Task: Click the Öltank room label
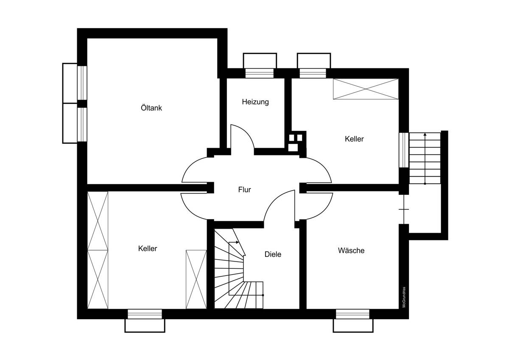151,107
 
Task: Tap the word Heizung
255,102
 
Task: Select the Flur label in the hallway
244,189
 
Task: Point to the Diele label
273,254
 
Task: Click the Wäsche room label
351,250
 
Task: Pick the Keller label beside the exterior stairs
354,139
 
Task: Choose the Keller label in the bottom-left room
148,248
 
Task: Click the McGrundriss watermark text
404,297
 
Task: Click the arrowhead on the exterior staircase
425,135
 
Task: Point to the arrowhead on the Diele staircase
238,242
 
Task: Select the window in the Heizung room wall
260,73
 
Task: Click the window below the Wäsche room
352,314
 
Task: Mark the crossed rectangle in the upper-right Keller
366,89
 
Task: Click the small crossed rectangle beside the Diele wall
196,279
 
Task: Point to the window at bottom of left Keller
145,314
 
